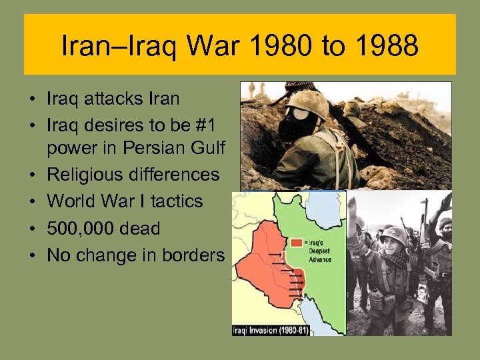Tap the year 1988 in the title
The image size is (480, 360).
pyautogui.click(x=386, y=46)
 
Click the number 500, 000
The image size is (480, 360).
pyautogui.click(x=80, y=229)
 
